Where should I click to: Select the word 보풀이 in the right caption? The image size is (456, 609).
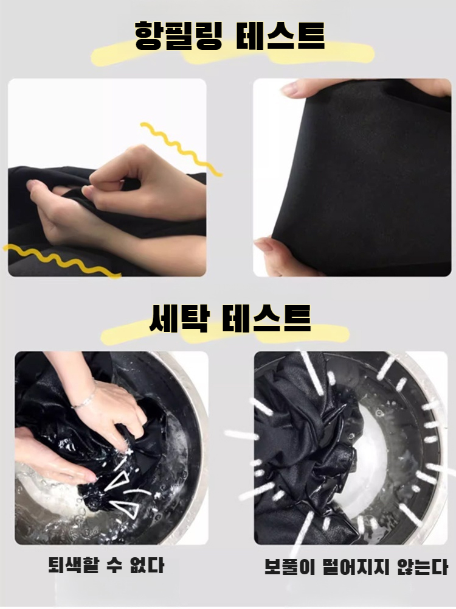pyautogui.click(x=285, y=567)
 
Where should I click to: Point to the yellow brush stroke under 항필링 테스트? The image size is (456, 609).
pyautogui.click(x=231, y=54)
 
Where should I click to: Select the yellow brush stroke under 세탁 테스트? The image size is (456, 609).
pyautogui.click(x=225, y=334)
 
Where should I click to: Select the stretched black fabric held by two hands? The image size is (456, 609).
pyautogui.click(x=359, y=177)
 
